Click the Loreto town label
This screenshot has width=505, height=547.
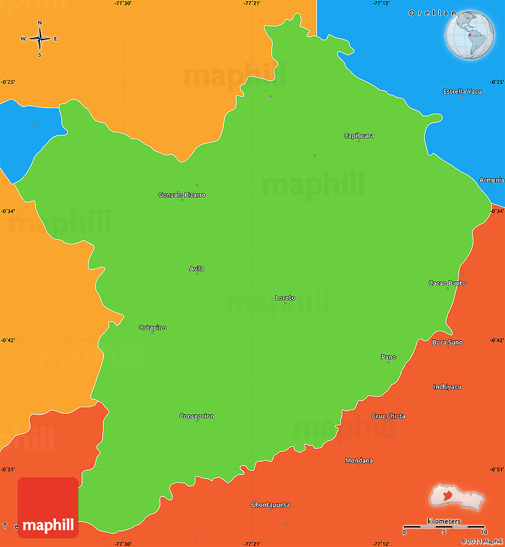pos(285,298)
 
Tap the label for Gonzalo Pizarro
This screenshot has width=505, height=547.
pos(182,195)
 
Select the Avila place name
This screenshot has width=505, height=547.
pos(197,269)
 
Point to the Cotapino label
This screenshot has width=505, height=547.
pos(153,328)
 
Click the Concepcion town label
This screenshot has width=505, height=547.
pos(197,416)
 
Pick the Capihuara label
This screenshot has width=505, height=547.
pos(359,136)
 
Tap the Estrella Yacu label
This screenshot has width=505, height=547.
pos(462,92)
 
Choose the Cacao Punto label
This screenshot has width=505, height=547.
pos(447,283)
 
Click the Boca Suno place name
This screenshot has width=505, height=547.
pos(447,342)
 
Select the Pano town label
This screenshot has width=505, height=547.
pos(389,357)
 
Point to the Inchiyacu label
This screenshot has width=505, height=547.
pos(447,387)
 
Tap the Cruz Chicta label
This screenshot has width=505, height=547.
pos(389,416)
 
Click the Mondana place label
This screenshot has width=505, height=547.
pos(359,461)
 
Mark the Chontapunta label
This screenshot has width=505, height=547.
pos(270,505)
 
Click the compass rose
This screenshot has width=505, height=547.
pos(40,39)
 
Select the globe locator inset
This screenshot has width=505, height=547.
pos(471,35)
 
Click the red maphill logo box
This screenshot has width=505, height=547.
pos(48,507)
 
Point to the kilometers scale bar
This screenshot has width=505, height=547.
pos(444,527)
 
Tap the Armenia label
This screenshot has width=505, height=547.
pos(491,180)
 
